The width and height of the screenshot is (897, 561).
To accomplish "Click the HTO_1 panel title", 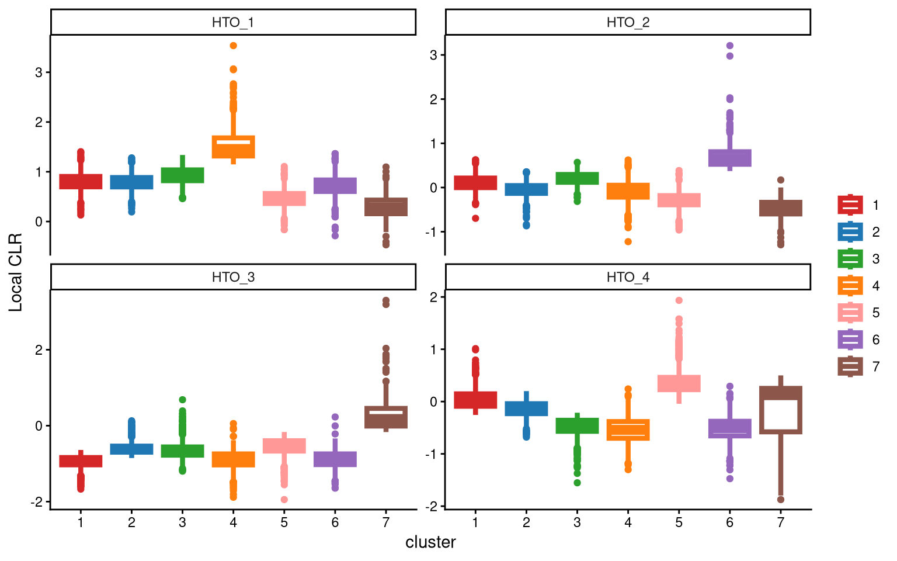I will (233, 23).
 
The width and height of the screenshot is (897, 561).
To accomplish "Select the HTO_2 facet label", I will (628, 23).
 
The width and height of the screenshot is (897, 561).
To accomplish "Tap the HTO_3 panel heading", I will (233, 277).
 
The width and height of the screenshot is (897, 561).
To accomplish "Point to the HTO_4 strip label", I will (628, 277).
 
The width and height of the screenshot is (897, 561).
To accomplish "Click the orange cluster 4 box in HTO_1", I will (233, 147).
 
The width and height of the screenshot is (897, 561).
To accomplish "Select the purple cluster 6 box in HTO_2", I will (729, 158).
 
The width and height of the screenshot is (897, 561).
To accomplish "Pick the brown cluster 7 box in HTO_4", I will (780, 410).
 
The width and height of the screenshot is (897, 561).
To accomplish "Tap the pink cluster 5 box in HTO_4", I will (679, 383).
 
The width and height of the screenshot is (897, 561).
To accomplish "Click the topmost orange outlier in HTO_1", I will (233, 46).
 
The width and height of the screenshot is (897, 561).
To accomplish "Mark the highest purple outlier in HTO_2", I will (729, 46).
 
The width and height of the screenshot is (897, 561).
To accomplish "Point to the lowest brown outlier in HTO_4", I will (780, 500).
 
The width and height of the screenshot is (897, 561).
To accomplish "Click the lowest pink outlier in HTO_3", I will (284, 500).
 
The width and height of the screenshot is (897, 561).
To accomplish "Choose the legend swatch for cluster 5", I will (850, 313).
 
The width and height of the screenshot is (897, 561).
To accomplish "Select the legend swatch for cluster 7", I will (850, 366).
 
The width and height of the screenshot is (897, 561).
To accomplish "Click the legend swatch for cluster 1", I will (850, 205).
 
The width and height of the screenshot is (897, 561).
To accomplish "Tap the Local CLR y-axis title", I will (16, 272).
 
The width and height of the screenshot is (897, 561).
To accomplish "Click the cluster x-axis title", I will (430, 542).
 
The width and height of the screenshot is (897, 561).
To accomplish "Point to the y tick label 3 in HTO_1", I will (39, 72).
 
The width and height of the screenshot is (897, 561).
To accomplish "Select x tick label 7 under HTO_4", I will (780, 522).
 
